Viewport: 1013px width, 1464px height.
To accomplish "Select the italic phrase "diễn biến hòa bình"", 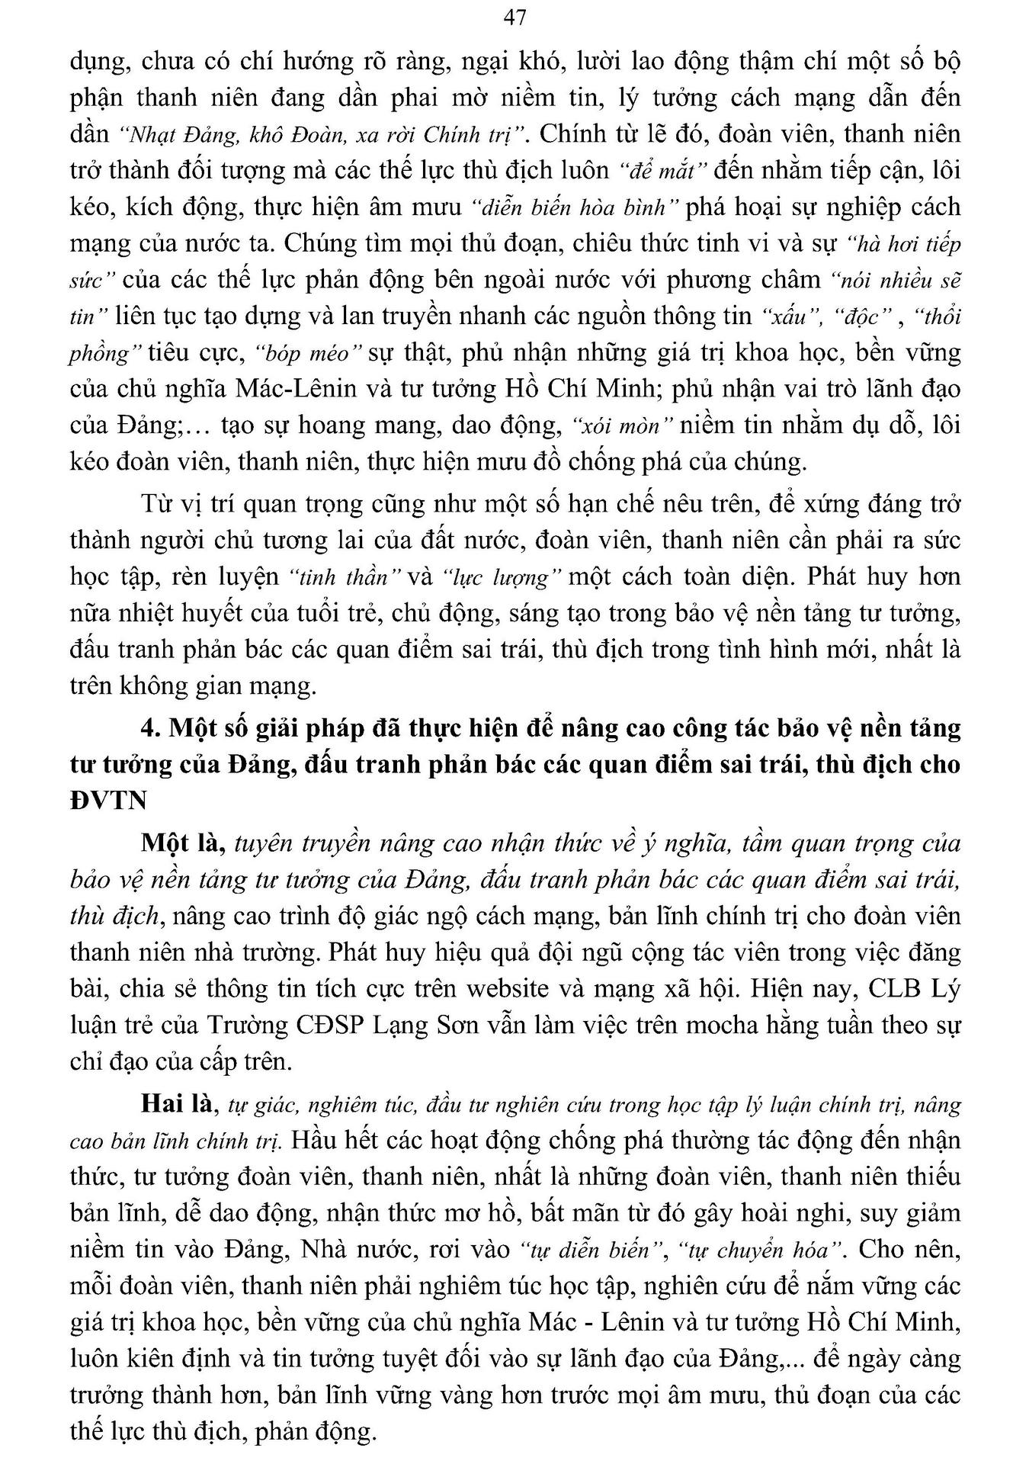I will tap(575, 207).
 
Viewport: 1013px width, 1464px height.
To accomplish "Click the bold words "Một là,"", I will tap(181, 843).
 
